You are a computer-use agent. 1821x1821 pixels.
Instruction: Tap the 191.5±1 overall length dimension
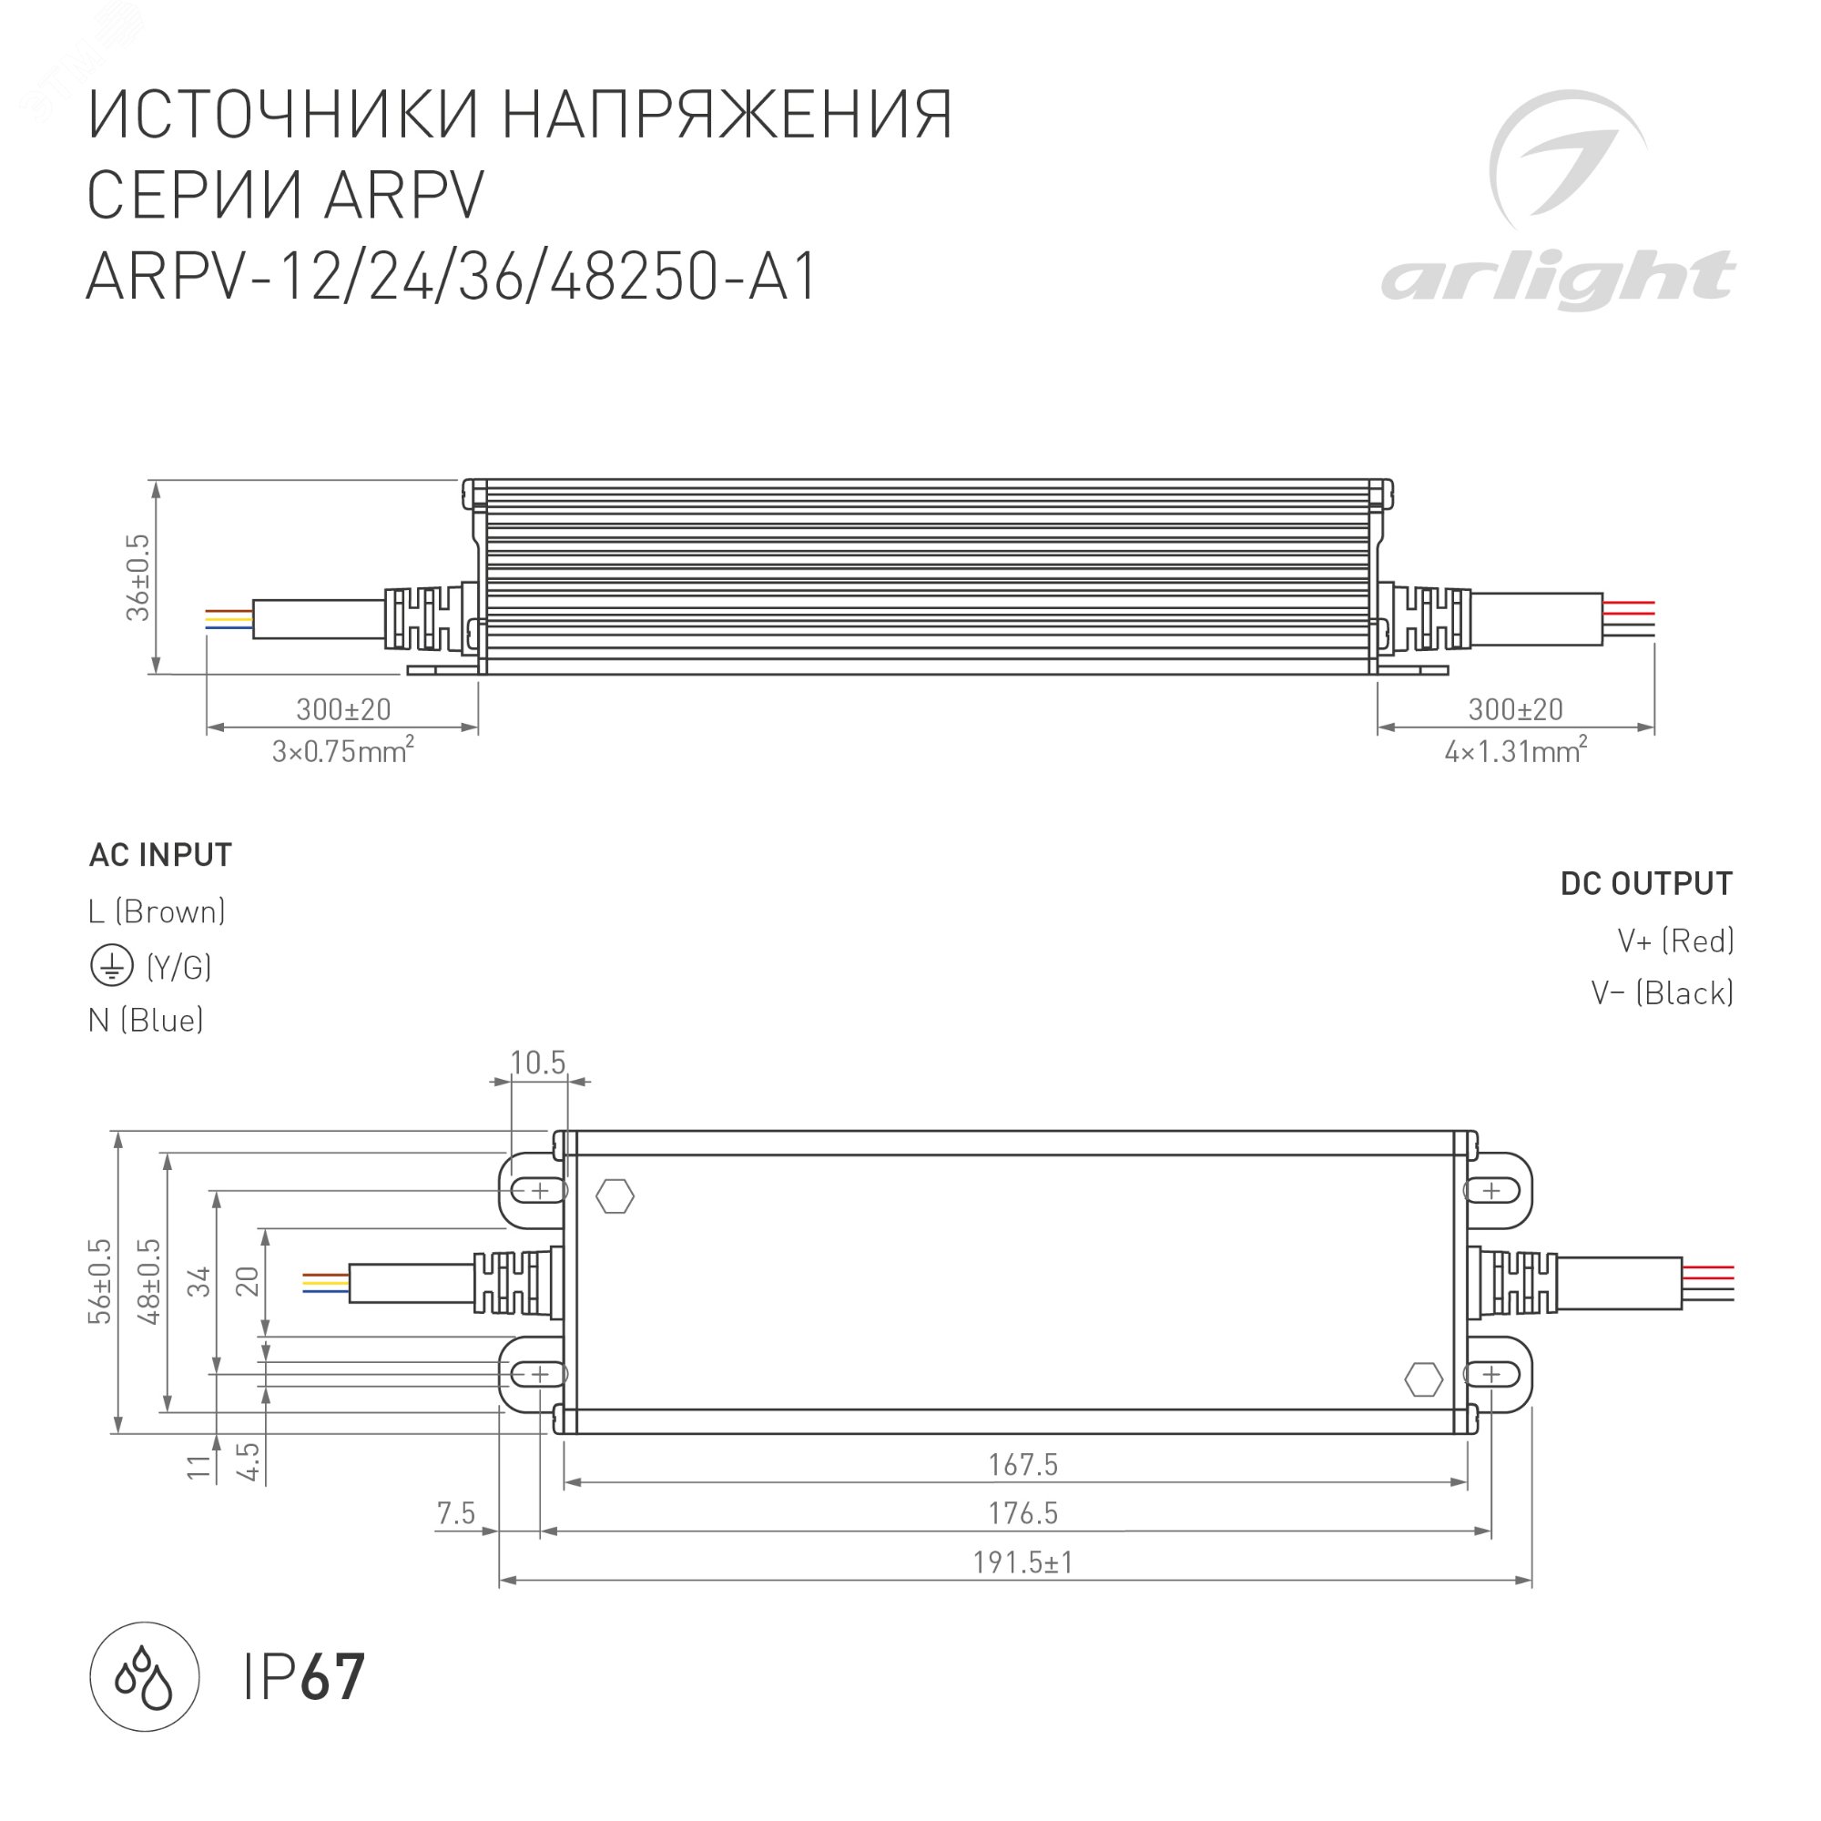(1022, 1563)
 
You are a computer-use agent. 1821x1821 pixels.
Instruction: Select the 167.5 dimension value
(1022, 1466)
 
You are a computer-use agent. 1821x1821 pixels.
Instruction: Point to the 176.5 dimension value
(1022, 1515)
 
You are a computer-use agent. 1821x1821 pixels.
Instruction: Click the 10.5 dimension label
(537, 1063)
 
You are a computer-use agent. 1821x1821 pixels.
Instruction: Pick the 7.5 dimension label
(456, 1515)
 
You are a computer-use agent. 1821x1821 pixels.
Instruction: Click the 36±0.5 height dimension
(138, 577)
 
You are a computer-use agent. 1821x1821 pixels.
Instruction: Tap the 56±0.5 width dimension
(100, 1282)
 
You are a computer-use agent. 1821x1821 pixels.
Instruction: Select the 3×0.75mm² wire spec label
(343, 752)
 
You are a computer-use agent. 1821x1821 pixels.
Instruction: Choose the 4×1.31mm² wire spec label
(1516, 752)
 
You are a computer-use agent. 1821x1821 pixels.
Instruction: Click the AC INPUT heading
(160, 855)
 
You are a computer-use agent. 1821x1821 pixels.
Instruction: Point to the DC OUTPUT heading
(1645, 884)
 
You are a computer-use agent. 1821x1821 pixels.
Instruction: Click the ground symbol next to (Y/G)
(111, 966)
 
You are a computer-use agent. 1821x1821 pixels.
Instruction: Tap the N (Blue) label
(146, 1020)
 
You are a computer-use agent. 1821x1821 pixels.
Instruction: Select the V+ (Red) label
(1675, 941)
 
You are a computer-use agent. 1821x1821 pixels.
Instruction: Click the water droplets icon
(144, 1677)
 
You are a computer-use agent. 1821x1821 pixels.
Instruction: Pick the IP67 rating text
(303, 1678)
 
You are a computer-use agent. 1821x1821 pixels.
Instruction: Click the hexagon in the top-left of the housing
(615, 1197)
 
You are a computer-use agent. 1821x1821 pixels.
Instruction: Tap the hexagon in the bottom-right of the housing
(1423, 1380)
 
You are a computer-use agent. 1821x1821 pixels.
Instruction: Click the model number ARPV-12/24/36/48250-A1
(452, 277)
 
